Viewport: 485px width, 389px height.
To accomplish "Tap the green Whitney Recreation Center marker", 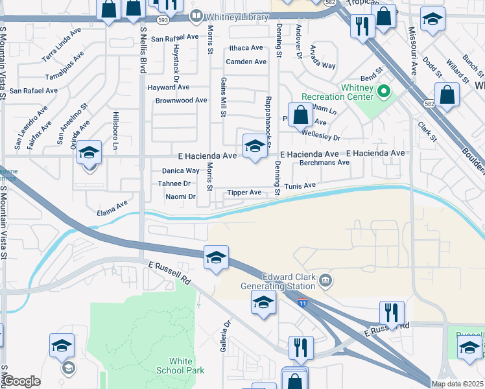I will tap(384, 92).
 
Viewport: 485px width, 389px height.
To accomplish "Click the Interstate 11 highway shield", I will tap(302, 303).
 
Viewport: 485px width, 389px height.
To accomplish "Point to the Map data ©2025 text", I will tap(457, 384).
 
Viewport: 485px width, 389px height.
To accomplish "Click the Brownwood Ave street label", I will tap(181, 100).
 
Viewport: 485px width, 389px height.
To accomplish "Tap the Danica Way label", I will tap(180, 171).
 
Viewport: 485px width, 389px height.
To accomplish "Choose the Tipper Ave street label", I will tap(243, 193).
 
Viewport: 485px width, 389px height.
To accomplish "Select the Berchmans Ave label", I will tap(324, 163).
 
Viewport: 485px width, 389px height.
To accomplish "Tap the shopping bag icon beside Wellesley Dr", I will tap(300, 116).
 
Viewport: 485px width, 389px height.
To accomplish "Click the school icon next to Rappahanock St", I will tap(255, 147).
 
